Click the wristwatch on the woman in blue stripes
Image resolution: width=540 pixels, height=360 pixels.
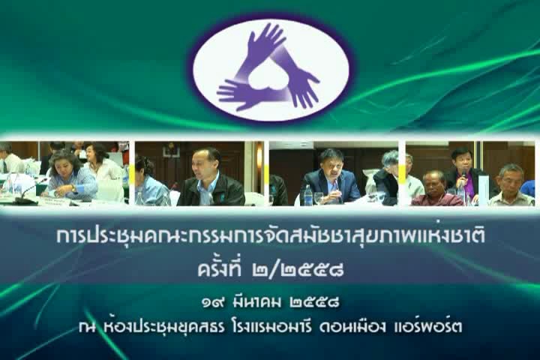click(73, 189)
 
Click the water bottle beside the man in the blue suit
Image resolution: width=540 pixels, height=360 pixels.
click(307, 195)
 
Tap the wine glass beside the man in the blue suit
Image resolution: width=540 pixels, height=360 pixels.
click(318, 199)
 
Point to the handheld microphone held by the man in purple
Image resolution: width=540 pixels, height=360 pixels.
click(463, 176)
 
